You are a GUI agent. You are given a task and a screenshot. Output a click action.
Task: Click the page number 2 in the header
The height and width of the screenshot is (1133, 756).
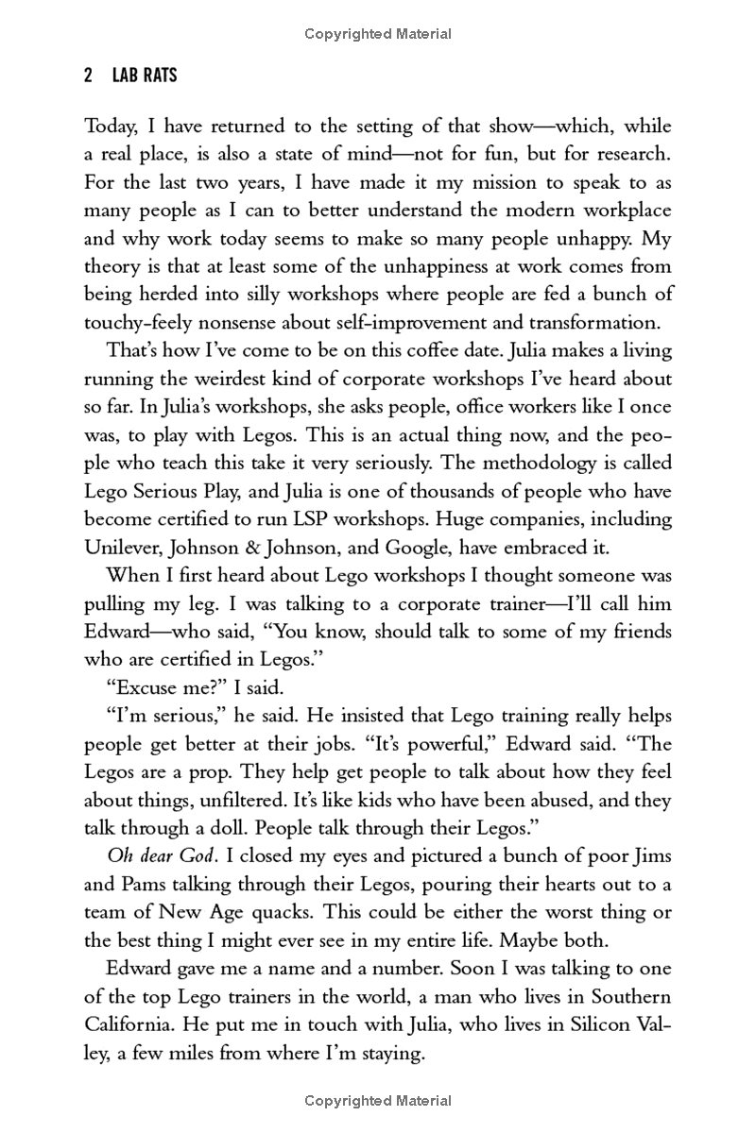88,76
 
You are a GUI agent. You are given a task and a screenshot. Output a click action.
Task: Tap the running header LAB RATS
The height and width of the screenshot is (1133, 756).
144,76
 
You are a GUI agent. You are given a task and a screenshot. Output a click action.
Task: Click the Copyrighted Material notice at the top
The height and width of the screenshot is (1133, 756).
378,34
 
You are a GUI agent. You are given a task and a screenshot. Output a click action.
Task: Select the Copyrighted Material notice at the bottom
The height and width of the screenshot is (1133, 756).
378,1101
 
